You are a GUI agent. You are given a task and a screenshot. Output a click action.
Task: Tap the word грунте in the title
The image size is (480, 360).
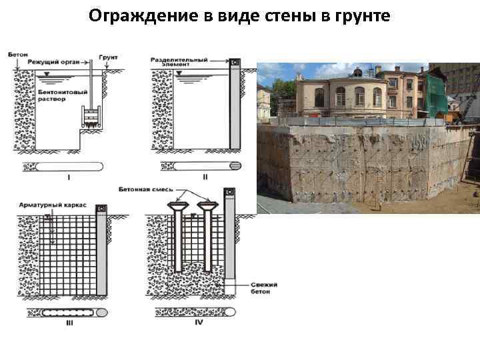tap(358, 15)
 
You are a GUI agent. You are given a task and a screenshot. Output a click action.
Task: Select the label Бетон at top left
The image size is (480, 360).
tap(18, 54)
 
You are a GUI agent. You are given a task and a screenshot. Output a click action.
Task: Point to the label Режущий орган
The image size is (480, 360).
tap(54, 61)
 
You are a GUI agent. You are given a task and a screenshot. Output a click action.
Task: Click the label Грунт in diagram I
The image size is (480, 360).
tap(107, 57)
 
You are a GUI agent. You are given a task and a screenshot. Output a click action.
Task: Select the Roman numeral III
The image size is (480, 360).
tap(69, 323)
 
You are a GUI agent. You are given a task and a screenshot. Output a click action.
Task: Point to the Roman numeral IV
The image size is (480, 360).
tap(198, 323)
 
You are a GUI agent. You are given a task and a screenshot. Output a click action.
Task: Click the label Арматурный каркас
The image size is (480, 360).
tap(51, 207)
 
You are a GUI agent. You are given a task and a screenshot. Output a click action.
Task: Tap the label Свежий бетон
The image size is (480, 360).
tap(265, 289)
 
